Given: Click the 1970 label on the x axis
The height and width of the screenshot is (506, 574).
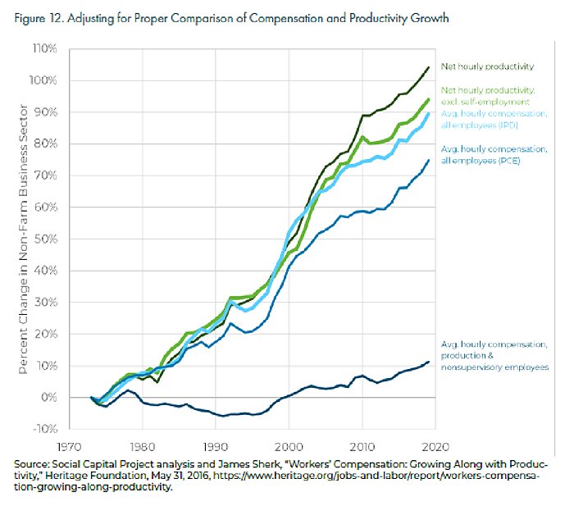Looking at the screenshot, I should point(69,448).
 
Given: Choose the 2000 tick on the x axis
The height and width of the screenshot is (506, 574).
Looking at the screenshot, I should point(285,448).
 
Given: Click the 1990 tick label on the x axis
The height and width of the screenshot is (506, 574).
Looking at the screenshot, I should point(213,448).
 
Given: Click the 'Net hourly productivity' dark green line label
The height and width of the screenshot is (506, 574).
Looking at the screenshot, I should point(487,66).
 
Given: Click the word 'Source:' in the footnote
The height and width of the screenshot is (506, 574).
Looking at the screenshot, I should point(32,464).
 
